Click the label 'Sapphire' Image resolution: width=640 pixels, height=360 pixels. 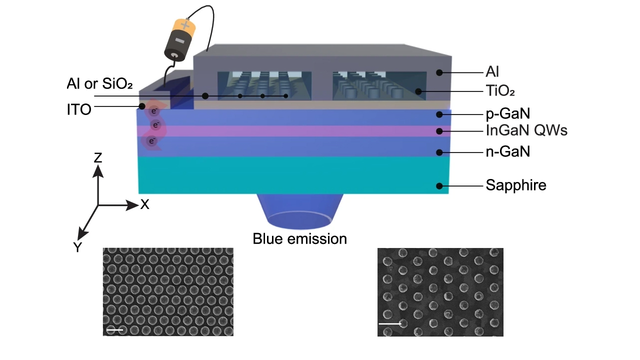pyautogui.click(x=515, y=185)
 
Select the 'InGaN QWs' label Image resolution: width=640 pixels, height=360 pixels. pyautogui.click(x=526, y=131)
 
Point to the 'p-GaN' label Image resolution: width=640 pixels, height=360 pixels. pyautogui.click(x=507, y=114)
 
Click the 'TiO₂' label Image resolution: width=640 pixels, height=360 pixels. pyautogui.click(x=500, y=91)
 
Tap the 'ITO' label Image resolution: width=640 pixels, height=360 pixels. pyautogui.click(x=79, y=109)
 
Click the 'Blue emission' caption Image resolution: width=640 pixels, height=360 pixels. pyautogui.click(x=299, y=239)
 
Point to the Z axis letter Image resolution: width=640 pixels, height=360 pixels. pyautogui.click(x=98, y=158)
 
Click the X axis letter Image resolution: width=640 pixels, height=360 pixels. pyautogui.click(x=144, y=204)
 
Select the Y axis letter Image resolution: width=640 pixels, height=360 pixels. pyautogui.click(x=78, y=246)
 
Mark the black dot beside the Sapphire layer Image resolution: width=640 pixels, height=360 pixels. pyautogui.click(x=439, y=186)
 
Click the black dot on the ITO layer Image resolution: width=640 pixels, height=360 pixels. pyautogui.click(x=142, y=106)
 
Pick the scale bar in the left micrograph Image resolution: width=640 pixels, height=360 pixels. pyautogui.click(x=114, y=330)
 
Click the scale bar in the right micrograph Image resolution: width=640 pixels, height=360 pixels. pyautogui.click(x=390, y=324)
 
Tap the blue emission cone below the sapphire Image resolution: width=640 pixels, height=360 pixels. pyautogui.click(x=299, y=210)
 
